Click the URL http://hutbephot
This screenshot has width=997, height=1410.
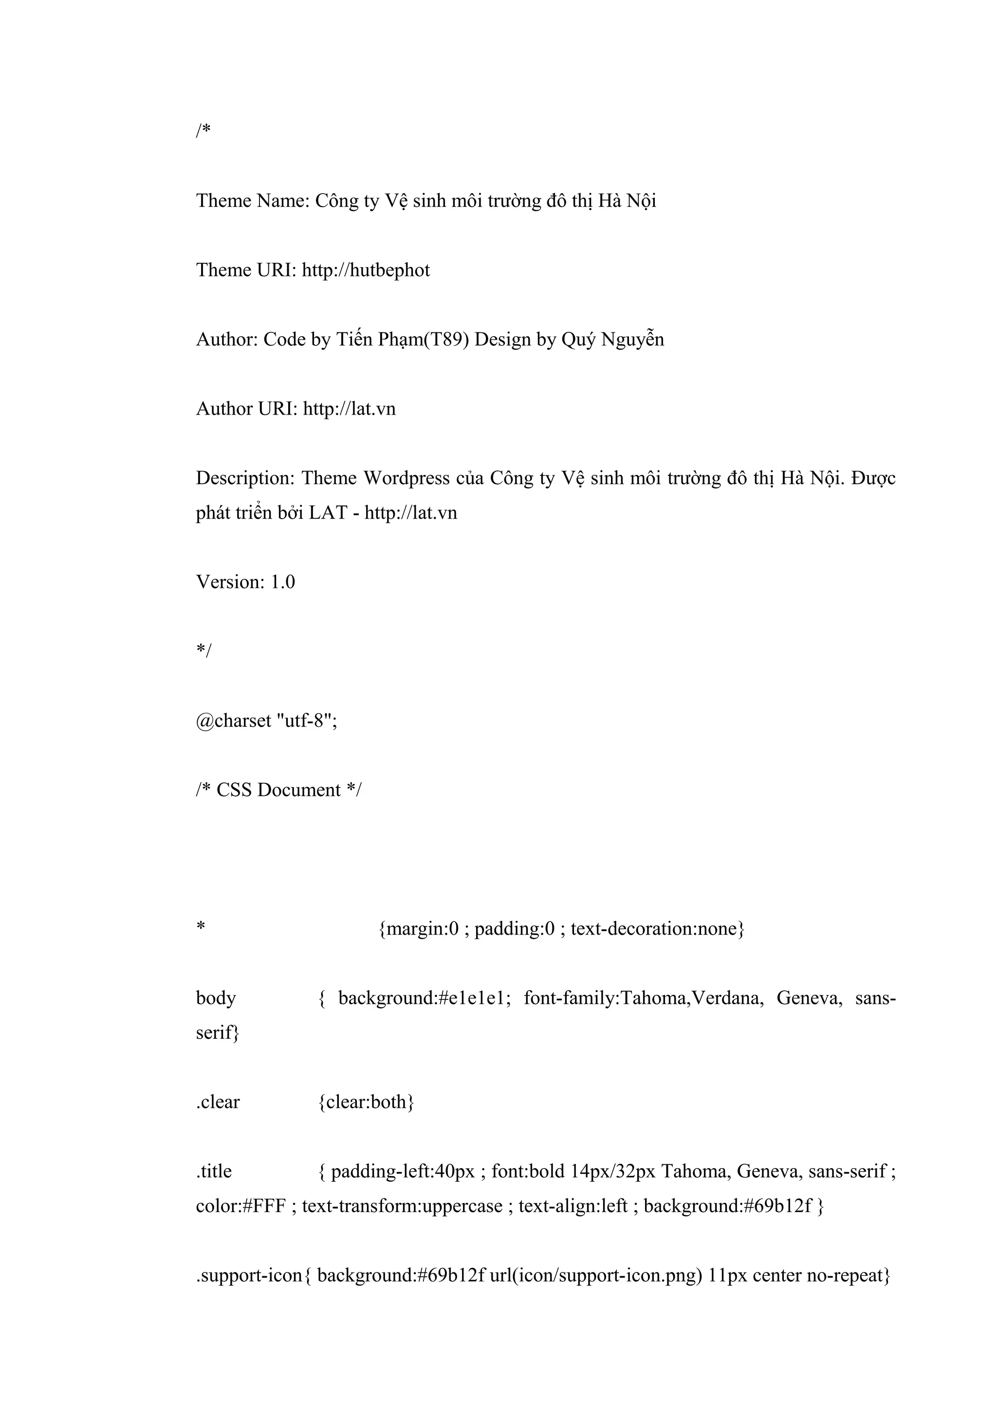(366, 270)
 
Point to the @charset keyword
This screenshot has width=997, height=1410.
(234, 721)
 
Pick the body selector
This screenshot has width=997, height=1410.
(216, 998)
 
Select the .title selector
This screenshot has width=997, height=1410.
(214, 1171)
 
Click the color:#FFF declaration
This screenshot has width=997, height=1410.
(241, 1206)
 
